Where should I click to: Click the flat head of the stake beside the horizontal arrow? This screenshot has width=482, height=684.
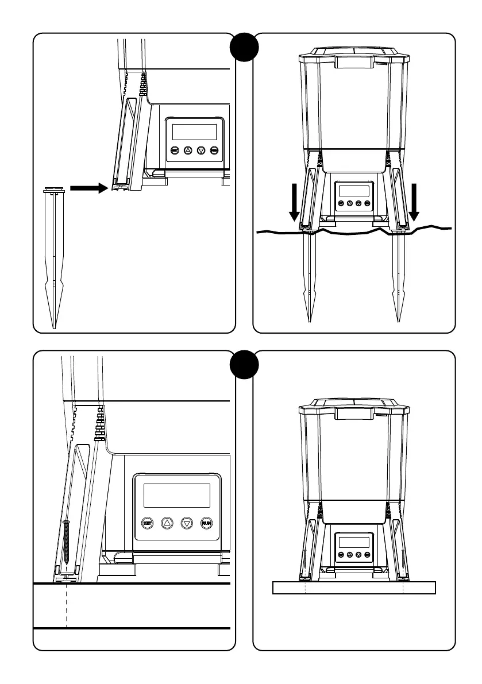click(x=53, y=188)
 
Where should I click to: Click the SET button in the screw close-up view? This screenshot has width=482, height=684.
click(x=148, y=523)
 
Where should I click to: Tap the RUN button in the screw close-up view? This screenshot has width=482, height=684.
click(x=206, y=523)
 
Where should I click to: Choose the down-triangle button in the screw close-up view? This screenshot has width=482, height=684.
click(x=187, y=523)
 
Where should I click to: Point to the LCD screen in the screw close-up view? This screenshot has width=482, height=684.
click(x=176, y=495)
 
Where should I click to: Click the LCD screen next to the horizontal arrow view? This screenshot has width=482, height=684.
click(x=194, y=132)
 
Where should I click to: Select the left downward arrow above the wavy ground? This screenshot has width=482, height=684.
click(x=294, y=202)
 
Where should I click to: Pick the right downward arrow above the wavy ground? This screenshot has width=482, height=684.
click(x=414, y=202)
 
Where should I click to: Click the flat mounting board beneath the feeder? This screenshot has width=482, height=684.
click(x=354, y=588)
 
